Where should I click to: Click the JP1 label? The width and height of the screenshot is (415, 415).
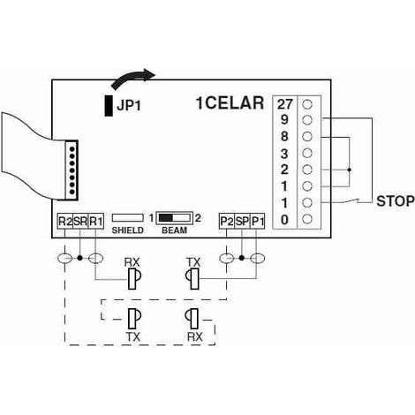pyautogui.click(x=129, y=105)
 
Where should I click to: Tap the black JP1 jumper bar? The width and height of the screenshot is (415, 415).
pyautogui.click(x=109, y=106)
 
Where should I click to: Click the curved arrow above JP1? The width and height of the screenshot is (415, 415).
pyautogui.click(x=133, y=79)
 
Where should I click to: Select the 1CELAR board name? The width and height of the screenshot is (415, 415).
pyautogui.click(x=230, y=103)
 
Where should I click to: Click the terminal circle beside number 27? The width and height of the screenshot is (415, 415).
pyautogui.click(x=307, y=104)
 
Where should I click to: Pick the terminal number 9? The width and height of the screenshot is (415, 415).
pyautogui.click(x=284, y=120)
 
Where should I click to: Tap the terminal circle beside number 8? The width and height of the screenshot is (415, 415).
pyautogui.click(x=307, y=137)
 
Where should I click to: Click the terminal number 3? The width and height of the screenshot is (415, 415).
pyautogui.click(x=284, y=154)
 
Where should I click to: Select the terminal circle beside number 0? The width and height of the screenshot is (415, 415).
pyautogui.click(x=307, y=219)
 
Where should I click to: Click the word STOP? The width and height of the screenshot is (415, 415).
pyautogui.click(x=396, y=201)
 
